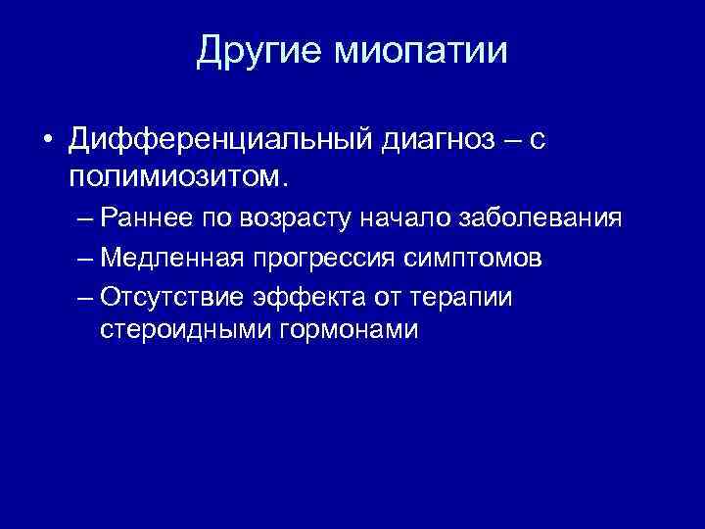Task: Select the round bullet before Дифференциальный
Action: [47, 143]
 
